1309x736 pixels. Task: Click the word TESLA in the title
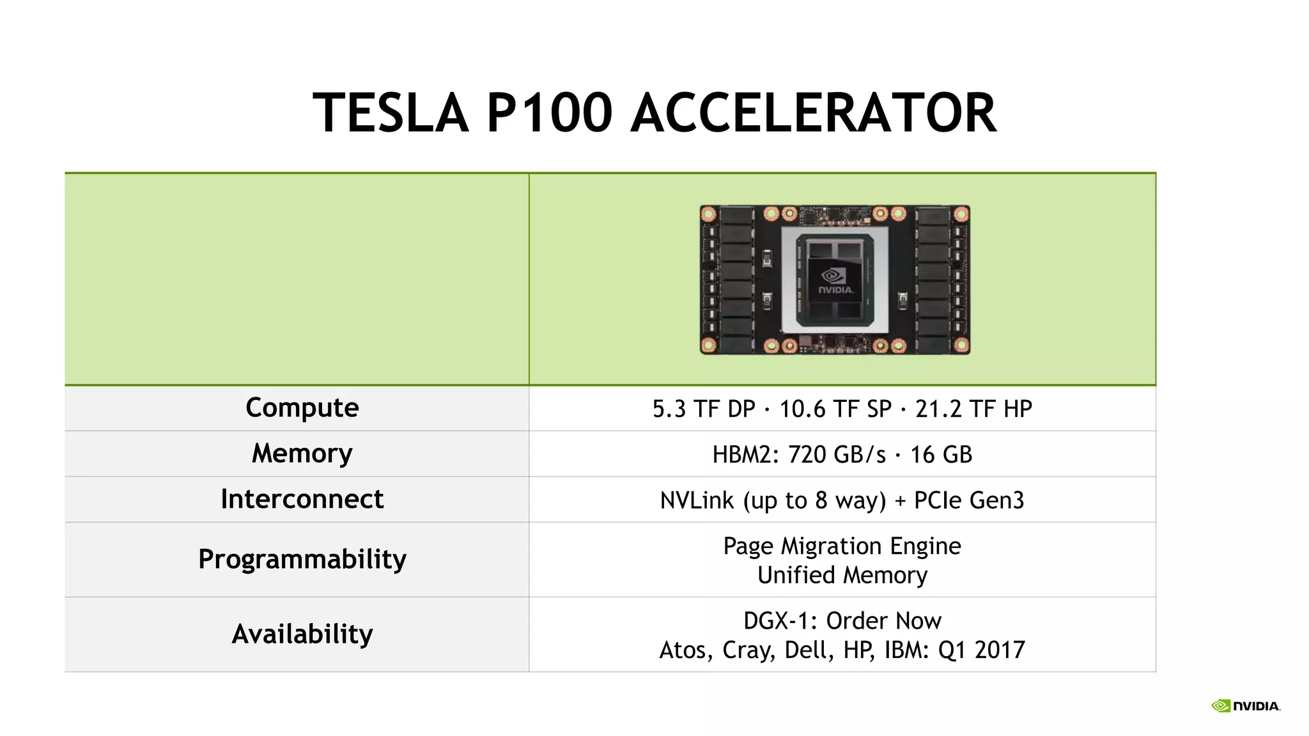point(391,113)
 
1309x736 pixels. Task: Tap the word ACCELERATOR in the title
point(814,113)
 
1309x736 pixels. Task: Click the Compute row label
point(302,408)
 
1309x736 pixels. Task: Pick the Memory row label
point(302,454)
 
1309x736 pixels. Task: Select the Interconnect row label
point(302,499)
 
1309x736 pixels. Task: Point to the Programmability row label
point(302,559)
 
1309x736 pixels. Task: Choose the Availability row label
point(302,634)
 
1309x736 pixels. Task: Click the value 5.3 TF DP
point(703,409)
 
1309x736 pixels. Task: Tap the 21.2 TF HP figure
point(973,409)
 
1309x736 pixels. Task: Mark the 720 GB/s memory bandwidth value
point(837,455)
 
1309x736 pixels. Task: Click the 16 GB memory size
point(941,455)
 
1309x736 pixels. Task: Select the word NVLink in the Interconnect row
point(697,500)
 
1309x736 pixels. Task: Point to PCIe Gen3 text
point(969,500)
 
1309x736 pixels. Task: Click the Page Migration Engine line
point(842,546)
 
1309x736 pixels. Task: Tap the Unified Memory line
point(842,575)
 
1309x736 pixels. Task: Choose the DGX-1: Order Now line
point(842,621)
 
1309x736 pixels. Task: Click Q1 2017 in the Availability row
point(981,650)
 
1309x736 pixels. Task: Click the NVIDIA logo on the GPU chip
point(835,280)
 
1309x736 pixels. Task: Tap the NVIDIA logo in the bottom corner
point(1246,706)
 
